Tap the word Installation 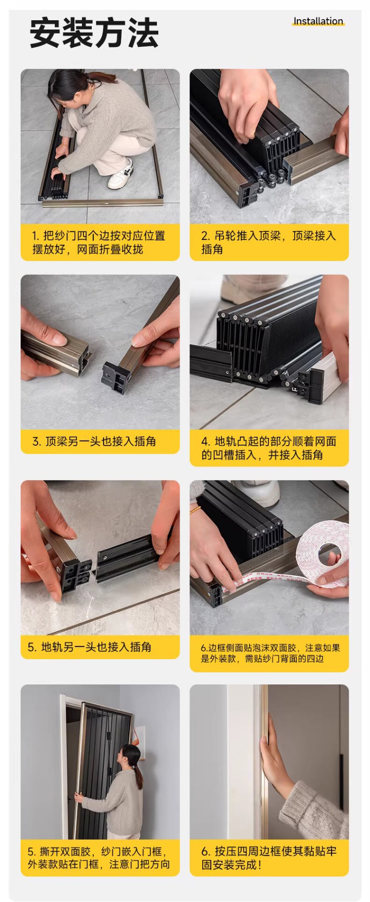click(x=318, y=21)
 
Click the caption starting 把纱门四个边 click(x=99, y=242)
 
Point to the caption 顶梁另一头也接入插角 click(x=94, y=441)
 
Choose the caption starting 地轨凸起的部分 click(x=268, y=448)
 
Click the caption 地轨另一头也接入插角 click(x=89, y=647)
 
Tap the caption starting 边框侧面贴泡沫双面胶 click(x=270, y=653)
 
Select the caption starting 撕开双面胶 click(x=99, y=858)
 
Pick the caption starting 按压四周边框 click(x=269, y=858)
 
